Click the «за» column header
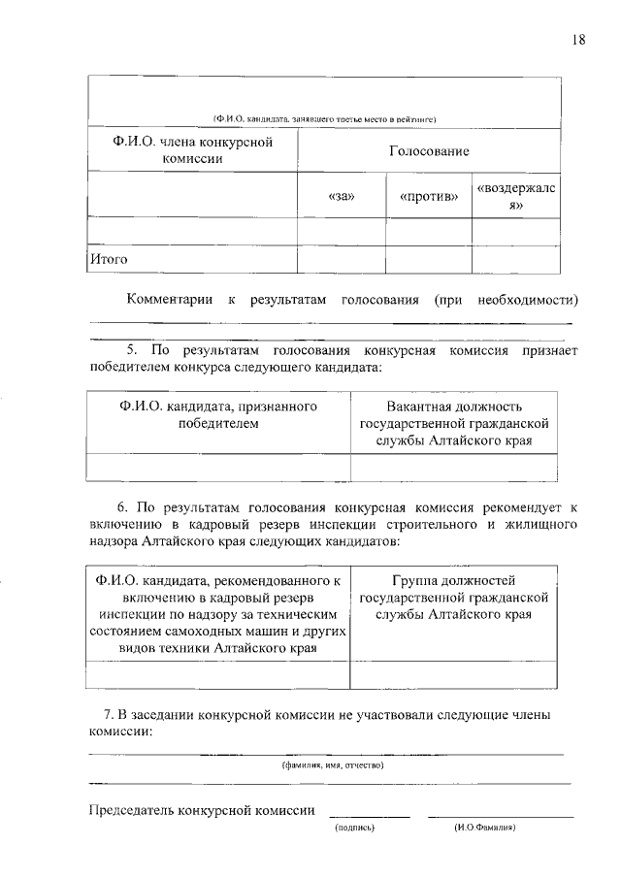coord(343,198)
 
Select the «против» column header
coord(429,198)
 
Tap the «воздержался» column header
coord(515,198)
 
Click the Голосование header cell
coord(428,151)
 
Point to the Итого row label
coord(109,260)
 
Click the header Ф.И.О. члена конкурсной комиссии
coord(192,151)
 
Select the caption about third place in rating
coord(324,119)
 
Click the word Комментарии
coord(171,300)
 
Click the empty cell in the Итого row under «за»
coord(343,260)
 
